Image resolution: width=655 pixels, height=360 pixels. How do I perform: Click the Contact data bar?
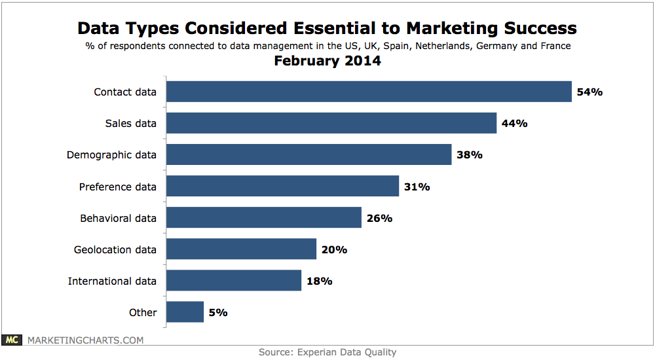[369, 92]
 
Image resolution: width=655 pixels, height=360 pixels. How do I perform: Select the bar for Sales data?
[331, 123]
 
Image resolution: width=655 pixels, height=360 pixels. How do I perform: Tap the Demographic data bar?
[309, 154]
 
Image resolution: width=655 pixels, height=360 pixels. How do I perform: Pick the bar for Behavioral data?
[263, 218]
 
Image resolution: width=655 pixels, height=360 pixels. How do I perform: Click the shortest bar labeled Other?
[185, 312]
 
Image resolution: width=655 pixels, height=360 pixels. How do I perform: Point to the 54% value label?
[589, 92]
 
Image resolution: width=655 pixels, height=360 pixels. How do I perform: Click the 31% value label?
[417, 187]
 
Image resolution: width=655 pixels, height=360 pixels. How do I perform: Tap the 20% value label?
[334, 249]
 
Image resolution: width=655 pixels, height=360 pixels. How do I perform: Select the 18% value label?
[319, 281]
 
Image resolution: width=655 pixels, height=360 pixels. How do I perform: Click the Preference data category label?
[118, 187]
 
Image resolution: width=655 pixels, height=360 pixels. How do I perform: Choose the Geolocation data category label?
[115, 249]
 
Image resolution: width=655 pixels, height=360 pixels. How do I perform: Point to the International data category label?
[112, 281]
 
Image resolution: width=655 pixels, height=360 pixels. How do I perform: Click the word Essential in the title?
[315, 28]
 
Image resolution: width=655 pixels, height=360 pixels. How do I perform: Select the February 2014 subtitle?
[327, 62]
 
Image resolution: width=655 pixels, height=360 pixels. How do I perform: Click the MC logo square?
[12, 340]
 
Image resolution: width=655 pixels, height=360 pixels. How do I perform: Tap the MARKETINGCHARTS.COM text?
[84, 340]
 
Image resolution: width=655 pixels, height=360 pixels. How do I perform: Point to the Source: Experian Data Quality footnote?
[327, 352]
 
